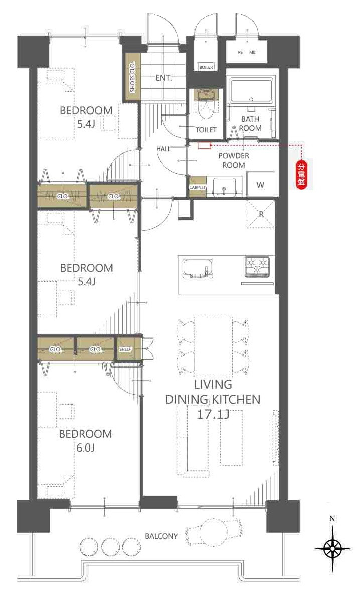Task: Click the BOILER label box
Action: click(206, 67)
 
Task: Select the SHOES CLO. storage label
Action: click(132, 77)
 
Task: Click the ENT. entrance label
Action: click(164, 78)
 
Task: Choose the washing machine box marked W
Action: click(260, 184)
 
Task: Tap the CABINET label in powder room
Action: click(197, 188)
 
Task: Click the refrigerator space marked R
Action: click(260, 214)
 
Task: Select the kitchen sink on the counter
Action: click(198, 269)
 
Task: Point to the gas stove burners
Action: click(257, 264)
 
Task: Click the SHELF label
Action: click(125, 349)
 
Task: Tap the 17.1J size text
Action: click(213, 414)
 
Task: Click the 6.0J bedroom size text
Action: click(85, 448)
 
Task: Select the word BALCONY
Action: click(161, 536)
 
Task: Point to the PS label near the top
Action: click(240, 52)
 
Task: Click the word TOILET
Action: click(206, 130)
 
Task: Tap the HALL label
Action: click(163, 148)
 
